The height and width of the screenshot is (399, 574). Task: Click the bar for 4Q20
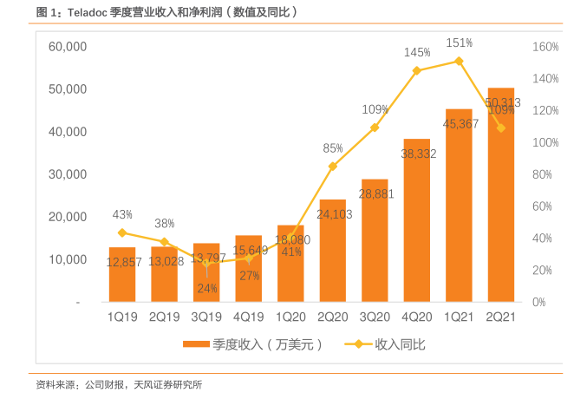417,220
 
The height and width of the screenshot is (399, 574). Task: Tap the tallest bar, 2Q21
501,195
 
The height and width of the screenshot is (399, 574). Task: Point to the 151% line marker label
459,43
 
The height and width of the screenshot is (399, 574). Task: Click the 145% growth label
417,53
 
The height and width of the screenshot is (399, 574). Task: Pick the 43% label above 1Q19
122,214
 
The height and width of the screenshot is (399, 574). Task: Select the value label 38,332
417,153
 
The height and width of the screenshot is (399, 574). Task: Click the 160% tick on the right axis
545,47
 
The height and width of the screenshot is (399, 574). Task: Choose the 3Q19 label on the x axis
206,317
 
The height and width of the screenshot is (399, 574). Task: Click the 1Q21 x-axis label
459,317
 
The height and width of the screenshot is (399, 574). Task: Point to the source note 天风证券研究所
168,383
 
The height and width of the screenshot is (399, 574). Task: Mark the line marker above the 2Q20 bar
332,166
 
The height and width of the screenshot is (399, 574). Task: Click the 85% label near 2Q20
333,147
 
